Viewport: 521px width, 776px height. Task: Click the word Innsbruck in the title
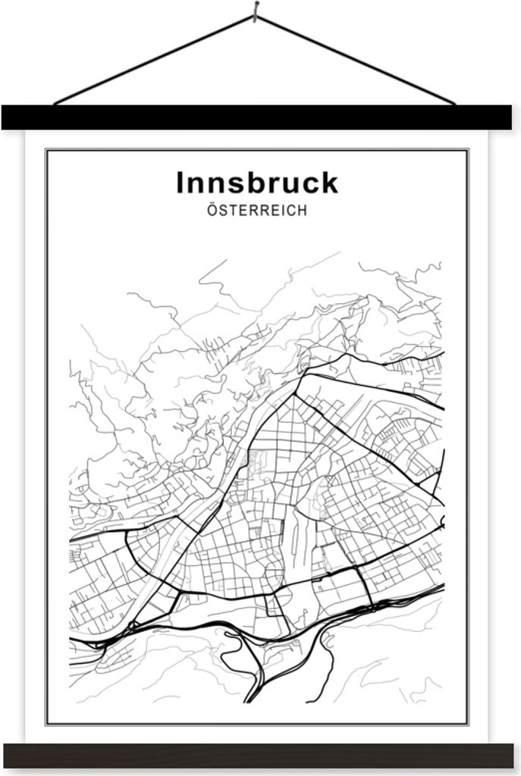pyautogui.click(x=257, y=183)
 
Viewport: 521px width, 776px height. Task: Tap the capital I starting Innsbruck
pyautogui.click(x=180, y=183)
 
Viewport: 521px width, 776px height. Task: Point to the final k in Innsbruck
pyautogui.click(x=329, y=183)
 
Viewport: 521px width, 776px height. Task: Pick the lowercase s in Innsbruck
pyautogui.click(x=228, y=186)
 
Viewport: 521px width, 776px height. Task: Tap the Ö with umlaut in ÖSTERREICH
pyautogui.click(x=212, y=211)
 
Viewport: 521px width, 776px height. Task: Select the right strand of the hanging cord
pyautogui.click(x=356, y=61)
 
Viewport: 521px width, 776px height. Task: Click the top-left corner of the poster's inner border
pyautogui.click(x=47, y=151)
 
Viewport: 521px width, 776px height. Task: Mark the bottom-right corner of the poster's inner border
pyautogui.click(x=467, y=723)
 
